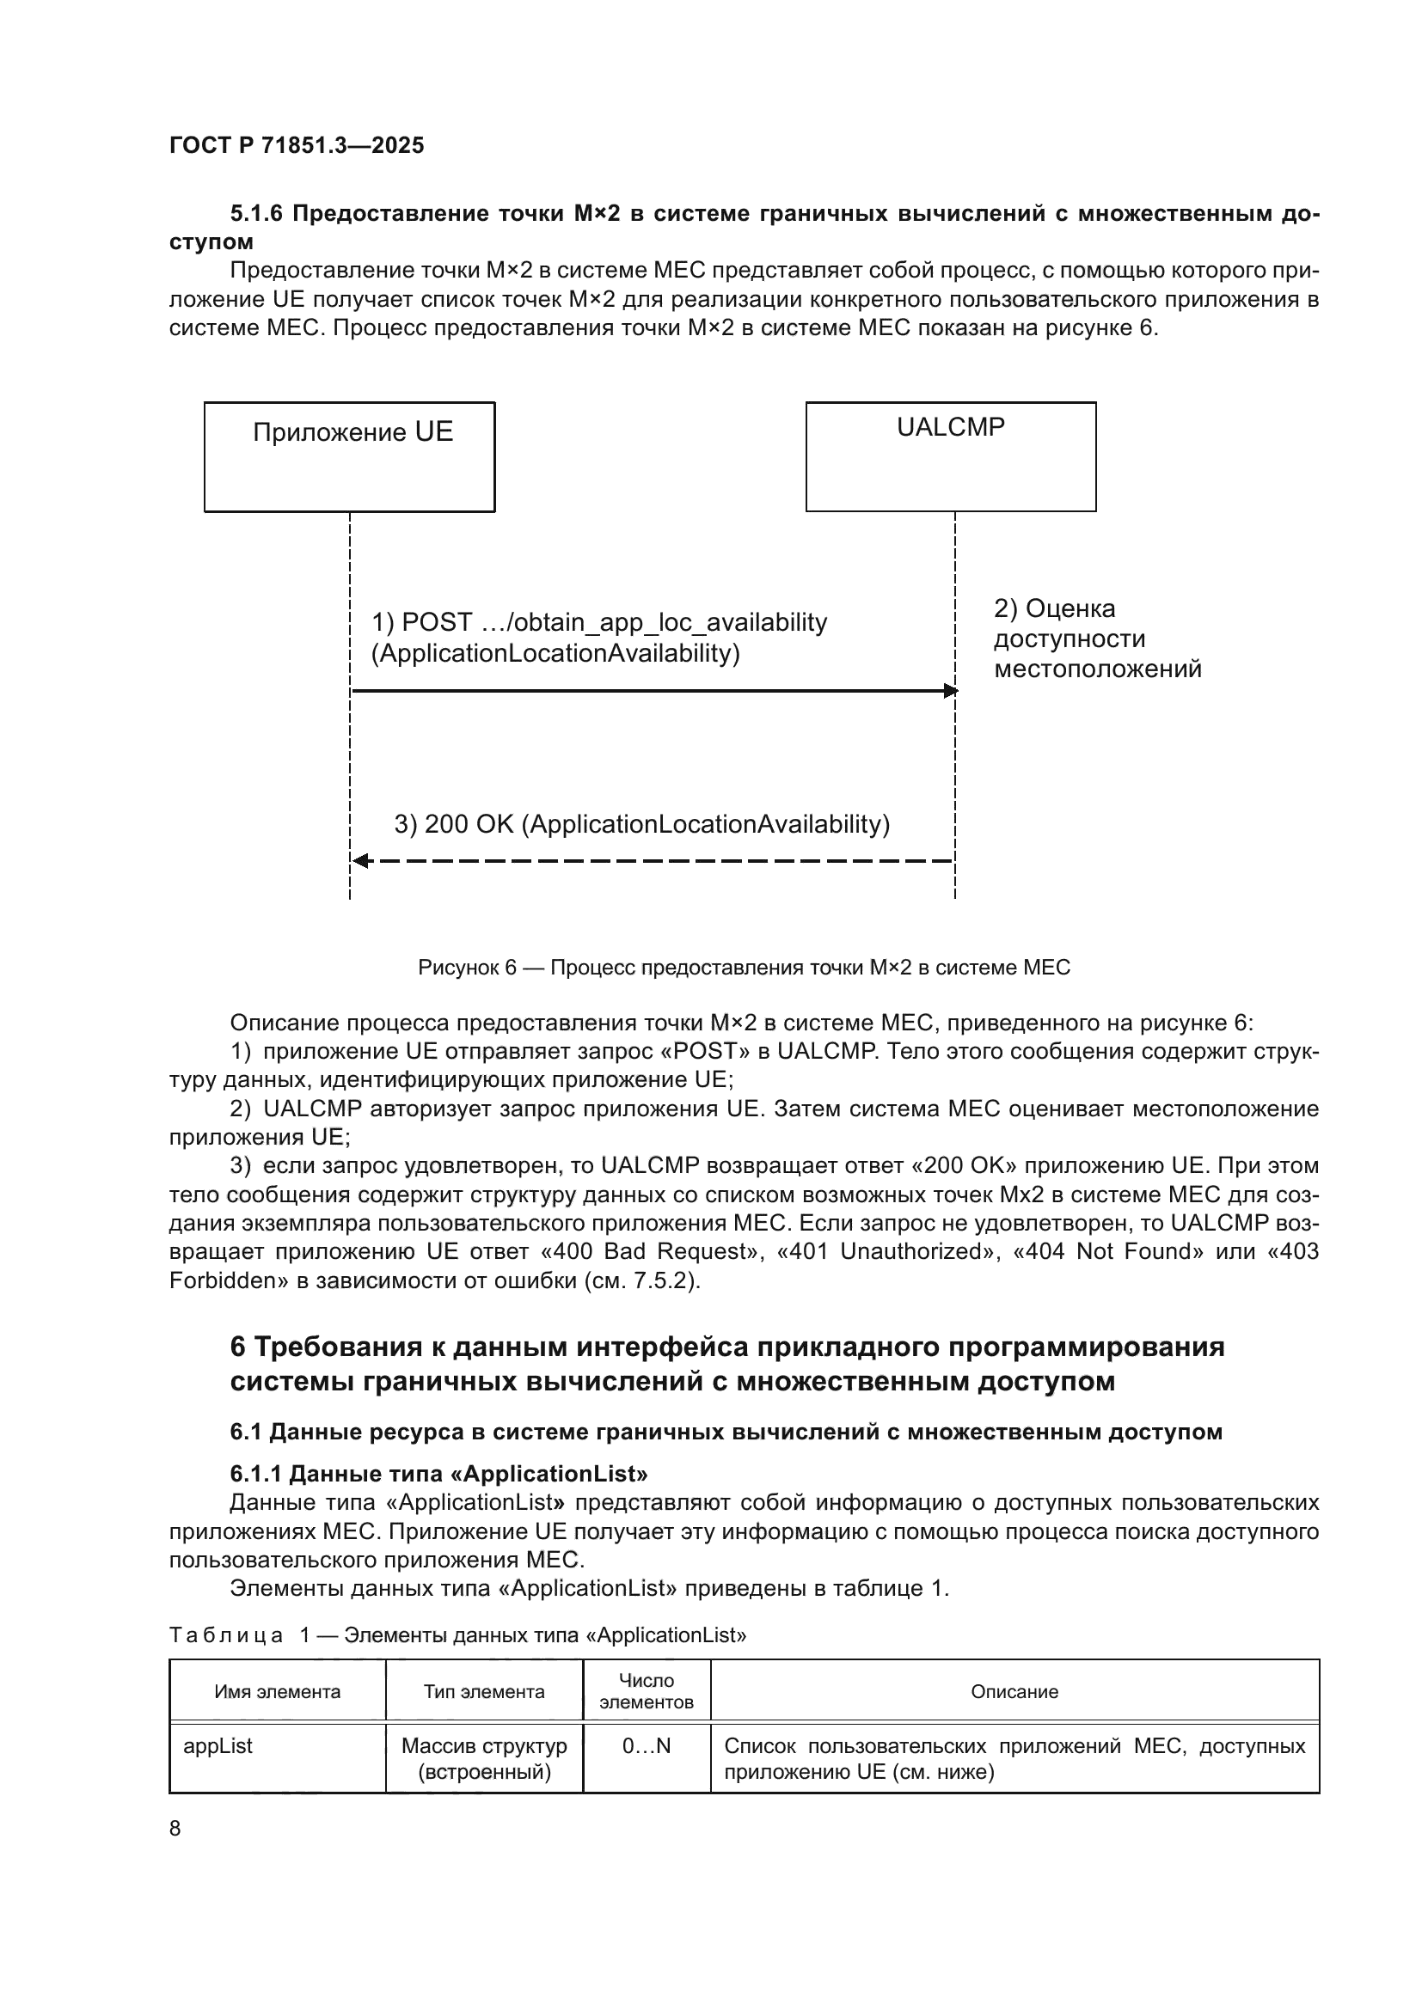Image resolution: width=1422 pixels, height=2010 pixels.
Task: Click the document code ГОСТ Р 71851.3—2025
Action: point(296,145)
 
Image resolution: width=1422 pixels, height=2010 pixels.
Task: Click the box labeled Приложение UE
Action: point(349,456)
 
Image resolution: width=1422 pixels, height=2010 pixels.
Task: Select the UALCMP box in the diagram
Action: point(950,456)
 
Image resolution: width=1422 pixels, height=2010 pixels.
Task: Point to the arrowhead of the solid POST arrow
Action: point(950,692)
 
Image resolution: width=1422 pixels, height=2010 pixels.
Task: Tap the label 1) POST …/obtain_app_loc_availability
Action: point(599,622)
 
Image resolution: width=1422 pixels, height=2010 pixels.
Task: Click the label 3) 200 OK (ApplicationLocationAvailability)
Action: point(641,825)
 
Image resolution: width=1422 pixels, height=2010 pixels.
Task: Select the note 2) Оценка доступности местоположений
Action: point(1096,639)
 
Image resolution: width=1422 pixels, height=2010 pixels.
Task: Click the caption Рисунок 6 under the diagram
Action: point(744,968)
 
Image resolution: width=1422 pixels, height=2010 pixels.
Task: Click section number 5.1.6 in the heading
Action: point(256,214)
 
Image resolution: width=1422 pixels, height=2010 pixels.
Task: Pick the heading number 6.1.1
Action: point(254,1474)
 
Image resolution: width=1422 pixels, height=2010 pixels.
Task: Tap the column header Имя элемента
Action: point(277,1691)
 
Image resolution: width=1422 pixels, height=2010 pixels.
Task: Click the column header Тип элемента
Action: point(483,1691)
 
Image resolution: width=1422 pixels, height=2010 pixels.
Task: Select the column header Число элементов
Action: point(647,1691)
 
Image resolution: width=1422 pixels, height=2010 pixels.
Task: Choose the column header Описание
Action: point(1014,1691)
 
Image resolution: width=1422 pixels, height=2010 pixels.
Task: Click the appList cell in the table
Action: point(218,1745)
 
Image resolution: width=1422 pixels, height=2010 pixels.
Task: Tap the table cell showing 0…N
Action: point(647,1745)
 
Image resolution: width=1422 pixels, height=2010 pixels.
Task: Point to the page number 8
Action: point(175,1828)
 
